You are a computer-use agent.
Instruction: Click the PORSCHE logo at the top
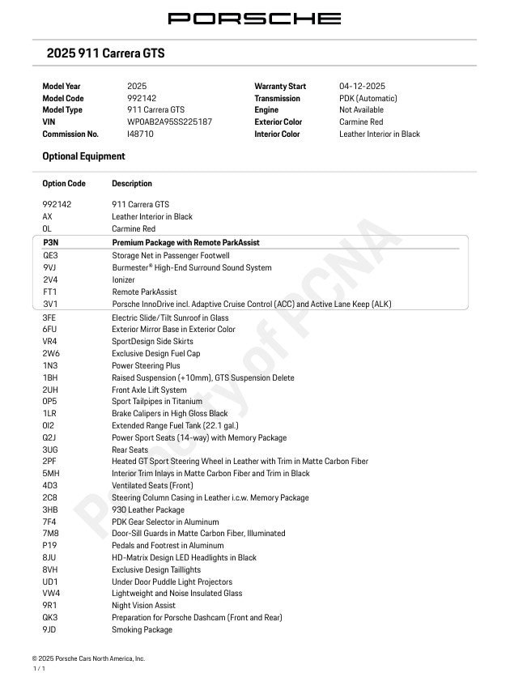(254, 18)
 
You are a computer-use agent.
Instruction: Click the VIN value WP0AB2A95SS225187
(169, 122)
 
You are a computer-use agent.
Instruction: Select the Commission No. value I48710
(140, 134)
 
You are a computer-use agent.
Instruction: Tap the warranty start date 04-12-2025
(362, 86)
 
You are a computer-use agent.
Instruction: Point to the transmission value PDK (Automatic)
(368, 98)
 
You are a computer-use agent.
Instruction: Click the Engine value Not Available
(361, 110)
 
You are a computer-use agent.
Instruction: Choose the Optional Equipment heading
(83, 156)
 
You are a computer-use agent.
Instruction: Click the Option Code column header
(64, 184)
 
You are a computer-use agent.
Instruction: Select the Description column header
(132, 184)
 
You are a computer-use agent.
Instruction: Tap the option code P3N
(50, 242)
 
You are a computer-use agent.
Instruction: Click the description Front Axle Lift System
(149, 390)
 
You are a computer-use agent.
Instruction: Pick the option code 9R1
(49, 606)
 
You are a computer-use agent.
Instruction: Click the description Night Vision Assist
(143, 606)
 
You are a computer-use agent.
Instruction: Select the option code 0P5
(49, 402)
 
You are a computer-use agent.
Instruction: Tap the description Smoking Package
(142, 629)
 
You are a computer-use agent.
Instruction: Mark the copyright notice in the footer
(88, 659)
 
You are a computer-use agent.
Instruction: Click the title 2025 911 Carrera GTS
(105, 53)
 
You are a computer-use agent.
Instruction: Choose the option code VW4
(51, 594)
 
